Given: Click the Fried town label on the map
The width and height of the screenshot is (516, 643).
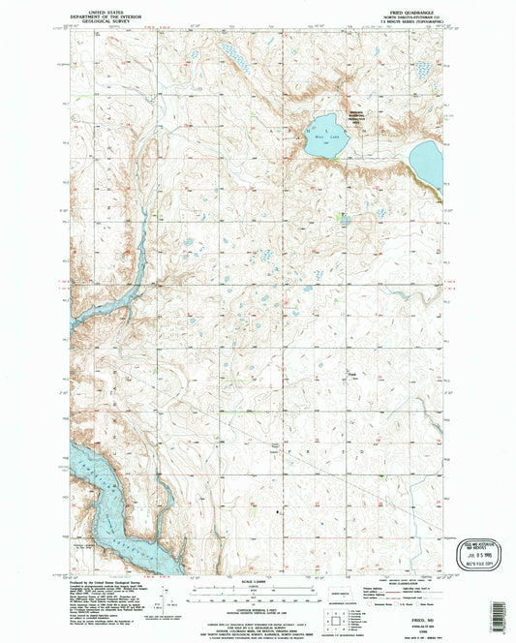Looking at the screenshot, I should point(352,372).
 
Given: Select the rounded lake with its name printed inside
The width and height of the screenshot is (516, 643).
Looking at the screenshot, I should point(325,127).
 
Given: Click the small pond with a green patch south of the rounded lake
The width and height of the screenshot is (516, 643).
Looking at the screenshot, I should point(346,220).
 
